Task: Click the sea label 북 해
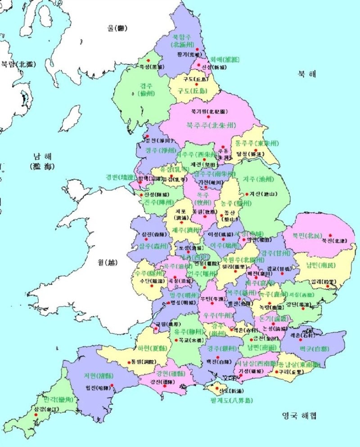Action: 306,74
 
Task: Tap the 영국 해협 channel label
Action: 299,415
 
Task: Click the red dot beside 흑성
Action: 148,60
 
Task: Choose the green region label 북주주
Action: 211,125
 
